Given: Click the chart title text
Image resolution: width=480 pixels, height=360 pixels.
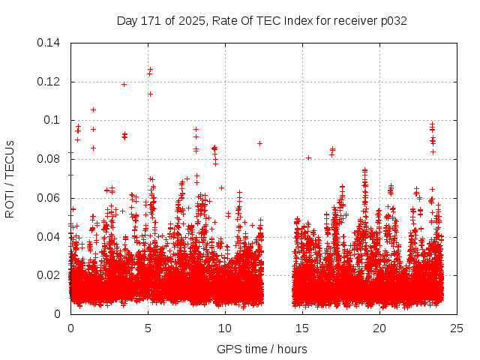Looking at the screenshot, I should [x=262, y=21].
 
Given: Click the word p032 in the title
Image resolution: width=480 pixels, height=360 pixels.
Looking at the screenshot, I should [x=392, y=21].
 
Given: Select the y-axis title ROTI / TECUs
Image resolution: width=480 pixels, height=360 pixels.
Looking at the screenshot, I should [x=10, y=178].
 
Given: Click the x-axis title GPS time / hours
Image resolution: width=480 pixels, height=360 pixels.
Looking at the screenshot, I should [x=262, y=349].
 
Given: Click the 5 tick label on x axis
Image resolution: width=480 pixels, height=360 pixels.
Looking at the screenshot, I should [x=148, y=328].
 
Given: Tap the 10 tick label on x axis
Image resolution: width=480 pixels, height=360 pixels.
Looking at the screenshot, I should [x=225, y=328].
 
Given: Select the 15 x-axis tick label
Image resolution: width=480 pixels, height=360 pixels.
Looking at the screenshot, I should [x=302, y=328].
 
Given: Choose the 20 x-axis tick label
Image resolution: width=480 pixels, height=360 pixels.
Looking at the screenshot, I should [x=379, y=328].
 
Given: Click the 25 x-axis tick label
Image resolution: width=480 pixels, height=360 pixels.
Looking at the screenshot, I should [x=457, y=328].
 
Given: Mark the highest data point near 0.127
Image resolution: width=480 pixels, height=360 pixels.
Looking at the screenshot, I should [x=150, y=69].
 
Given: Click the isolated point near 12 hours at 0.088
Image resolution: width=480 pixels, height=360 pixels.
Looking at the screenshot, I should [x=259, y=143].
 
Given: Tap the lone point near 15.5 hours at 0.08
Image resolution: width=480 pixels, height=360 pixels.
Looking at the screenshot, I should [x=308, y=157].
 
